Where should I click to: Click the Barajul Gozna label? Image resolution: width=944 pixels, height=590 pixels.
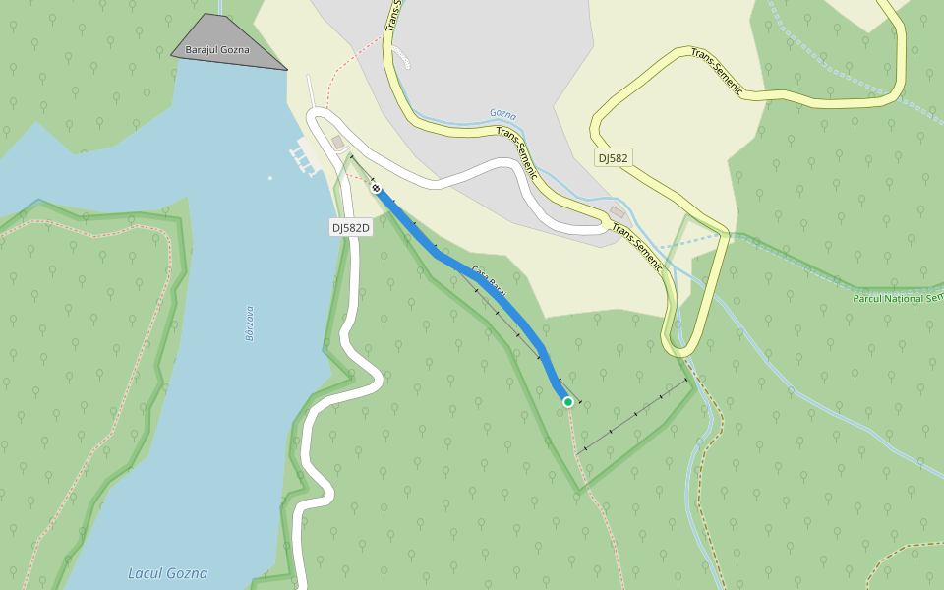(217, 49)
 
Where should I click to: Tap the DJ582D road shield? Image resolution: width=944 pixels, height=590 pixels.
(350, 228)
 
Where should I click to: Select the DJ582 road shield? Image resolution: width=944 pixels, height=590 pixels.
(613, 157)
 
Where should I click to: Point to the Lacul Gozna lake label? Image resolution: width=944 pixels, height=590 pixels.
(167, 573)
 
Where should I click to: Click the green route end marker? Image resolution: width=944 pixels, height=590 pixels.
(567, 401)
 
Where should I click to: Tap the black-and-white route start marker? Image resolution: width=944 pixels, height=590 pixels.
(376, 188)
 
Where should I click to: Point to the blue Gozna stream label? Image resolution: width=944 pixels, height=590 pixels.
(502, 114)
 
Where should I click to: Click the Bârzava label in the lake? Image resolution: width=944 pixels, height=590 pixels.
(250, 323)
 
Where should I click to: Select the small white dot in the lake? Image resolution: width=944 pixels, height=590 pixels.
(270, 178)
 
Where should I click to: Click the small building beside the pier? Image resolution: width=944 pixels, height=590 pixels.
(338, 144)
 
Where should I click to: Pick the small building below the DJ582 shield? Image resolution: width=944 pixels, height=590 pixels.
(618, 212)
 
